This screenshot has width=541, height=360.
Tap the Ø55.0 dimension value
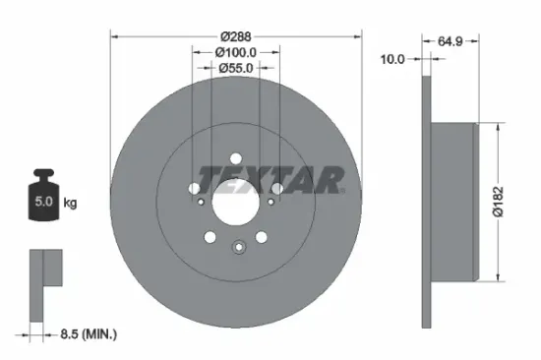(236, 67)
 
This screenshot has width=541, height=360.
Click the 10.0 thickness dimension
(392, 59)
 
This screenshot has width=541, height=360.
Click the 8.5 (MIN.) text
(87, 334)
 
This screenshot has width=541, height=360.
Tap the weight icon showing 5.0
(43, 202)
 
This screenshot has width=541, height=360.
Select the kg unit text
(70, 204)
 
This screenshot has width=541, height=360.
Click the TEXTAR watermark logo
(271, 179)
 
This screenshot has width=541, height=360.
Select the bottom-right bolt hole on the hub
(261, 236)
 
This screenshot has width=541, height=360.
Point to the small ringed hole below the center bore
(236, 248)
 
